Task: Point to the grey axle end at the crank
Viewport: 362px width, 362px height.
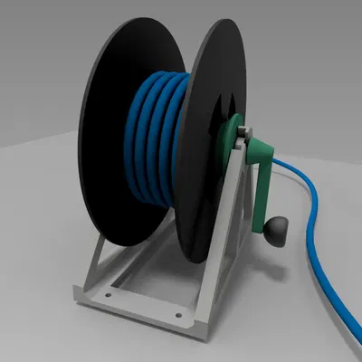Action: pyautogui.click(x=244, y=136)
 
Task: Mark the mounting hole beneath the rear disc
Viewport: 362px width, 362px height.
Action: pyautogui.click(x=110, y=292)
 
